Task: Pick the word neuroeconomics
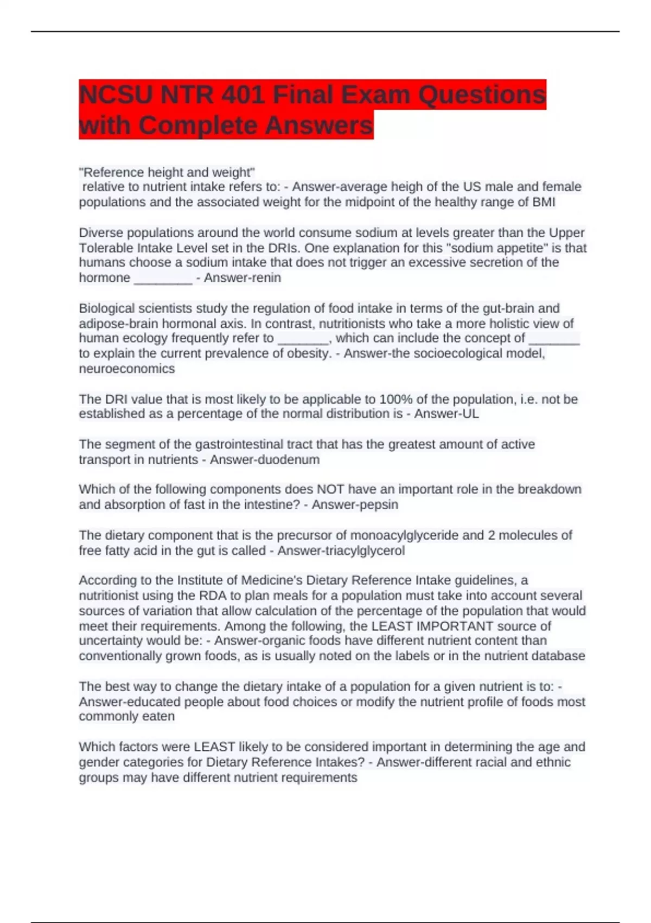[x=127, y=369]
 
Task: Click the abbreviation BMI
[x=542, y=202]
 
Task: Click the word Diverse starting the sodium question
[x=102, y=233]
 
